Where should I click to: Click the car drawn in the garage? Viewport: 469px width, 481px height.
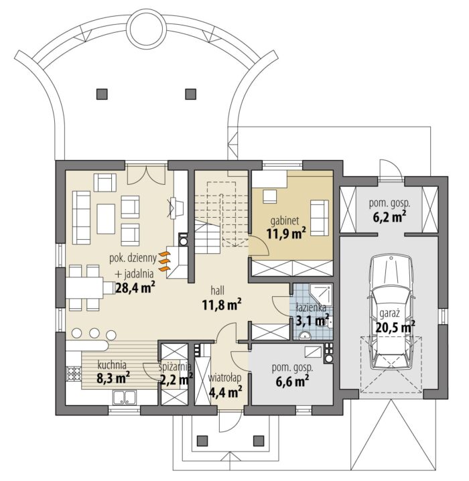(x=391, y=313)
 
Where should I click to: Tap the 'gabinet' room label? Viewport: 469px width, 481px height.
(x=284, y=221)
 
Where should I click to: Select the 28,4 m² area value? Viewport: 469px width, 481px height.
(x=135, y=288)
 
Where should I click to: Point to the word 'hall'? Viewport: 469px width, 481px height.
(x=217, y=290)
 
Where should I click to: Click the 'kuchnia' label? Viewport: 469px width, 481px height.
(x=112, y=365)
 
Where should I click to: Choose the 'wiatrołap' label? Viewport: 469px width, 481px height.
(x=224, y=378)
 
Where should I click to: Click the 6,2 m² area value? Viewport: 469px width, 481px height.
(x=389, y=217)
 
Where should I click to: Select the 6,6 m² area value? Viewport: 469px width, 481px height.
(x=292, y=381)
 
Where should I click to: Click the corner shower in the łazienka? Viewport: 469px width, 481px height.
(x=320, y=295)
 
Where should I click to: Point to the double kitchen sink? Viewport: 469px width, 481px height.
(x=124, y=397)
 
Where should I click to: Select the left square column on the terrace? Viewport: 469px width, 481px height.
(x=102, y=94)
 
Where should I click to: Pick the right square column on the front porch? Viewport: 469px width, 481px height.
(x=259, y=441)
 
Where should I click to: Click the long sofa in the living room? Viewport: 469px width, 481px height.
(x=81, y=218)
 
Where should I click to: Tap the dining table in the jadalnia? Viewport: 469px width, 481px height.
(x=84, y=288)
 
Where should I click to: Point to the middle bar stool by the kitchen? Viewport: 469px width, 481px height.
(x=94, y=333)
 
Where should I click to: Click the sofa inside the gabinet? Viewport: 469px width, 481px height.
(x=320, y=218)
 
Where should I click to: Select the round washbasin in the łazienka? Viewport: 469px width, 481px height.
(x=304, y=336)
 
